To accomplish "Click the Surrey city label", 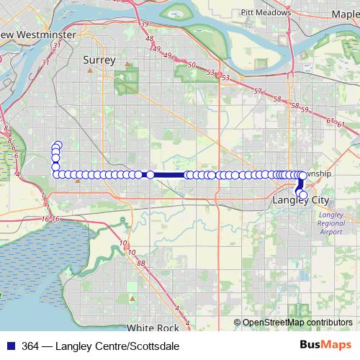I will (x=99, y=60).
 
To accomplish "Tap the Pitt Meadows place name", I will (x=266, y=12).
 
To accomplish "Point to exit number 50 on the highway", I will (x=191, y=66).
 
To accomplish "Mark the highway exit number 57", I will (x=258, y=91).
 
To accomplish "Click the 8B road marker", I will (x=141, y=264).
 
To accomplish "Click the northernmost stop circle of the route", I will (x=58, y=145).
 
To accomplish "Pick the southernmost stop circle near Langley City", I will (x=303, y=196).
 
